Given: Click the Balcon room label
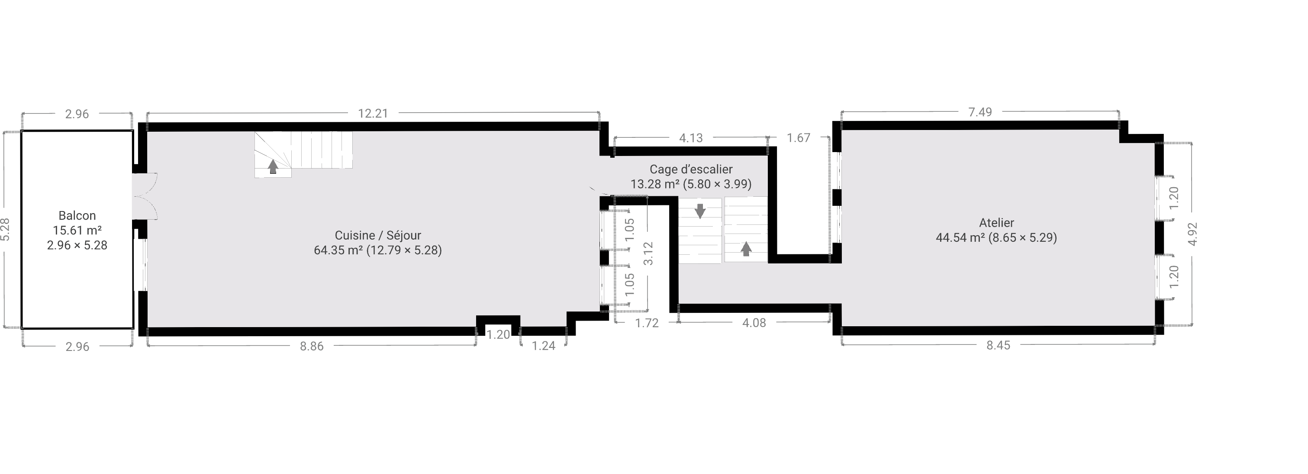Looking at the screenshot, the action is point(77,215).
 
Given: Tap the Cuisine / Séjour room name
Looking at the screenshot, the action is point(378,235).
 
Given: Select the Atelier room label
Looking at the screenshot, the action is point(996,223).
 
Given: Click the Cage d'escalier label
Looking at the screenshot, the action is point(691,169).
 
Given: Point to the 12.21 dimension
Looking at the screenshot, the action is point(373,113).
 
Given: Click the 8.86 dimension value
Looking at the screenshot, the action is point(311,346).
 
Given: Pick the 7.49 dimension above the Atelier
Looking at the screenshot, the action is point(979,112).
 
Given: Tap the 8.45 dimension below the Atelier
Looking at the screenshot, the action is point(998,345).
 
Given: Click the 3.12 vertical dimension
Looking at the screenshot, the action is point(648,253).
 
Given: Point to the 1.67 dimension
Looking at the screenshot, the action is point(798,138).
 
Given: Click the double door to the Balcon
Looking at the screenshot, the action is point(145,196).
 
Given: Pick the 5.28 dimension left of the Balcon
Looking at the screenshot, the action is point(5,230).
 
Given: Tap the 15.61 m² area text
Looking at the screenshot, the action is point(77,230).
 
